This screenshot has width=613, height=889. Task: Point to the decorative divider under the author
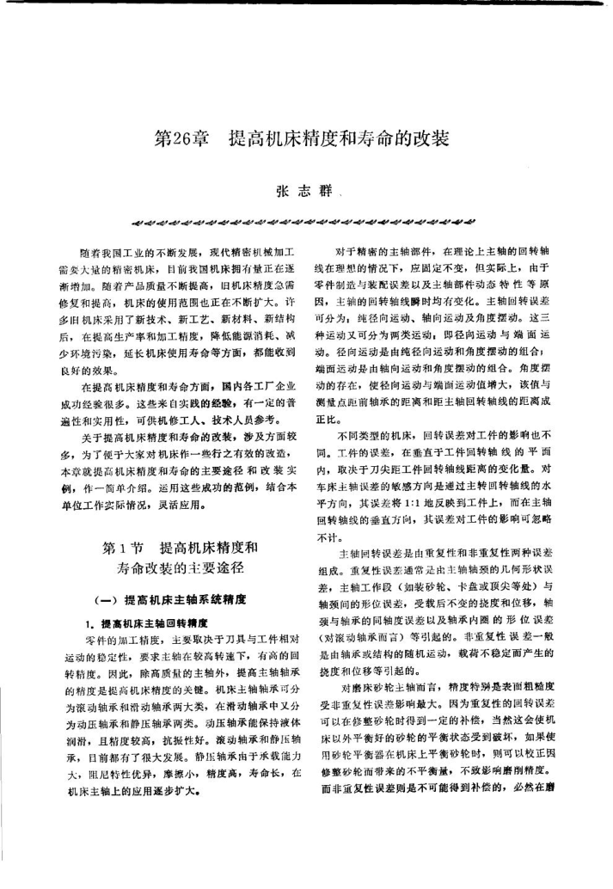(x=306, y=217)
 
